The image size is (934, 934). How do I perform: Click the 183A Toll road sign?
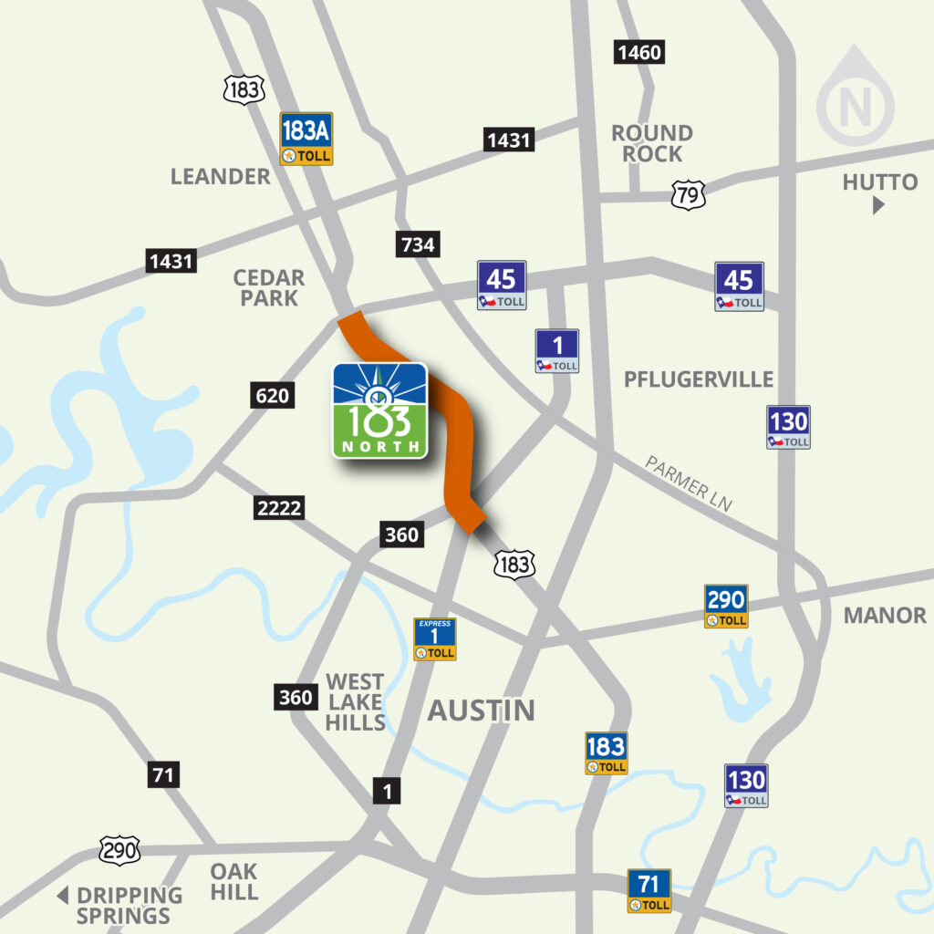click(x=306, y=139)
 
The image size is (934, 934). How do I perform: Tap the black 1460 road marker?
click(x=638, y=52)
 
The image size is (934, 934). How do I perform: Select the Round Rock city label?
click(x=651, y=143)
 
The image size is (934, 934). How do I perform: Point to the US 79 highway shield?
click(x=686, y=193)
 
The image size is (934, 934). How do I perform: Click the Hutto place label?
click(x=879, y=182)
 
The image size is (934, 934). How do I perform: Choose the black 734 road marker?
click(x=417, y=244)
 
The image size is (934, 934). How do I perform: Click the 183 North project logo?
click(x=379, y=410)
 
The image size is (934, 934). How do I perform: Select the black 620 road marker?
click(x=272, y=396)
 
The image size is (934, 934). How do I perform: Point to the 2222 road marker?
click(x=279, y=508)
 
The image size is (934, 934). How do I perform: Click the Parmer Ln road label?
click(x=689, y=483)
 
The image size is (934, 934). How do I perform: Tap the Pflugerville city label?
click(x=699, y=379)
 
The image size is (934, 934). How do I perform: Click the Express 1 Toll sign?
click(x=435, y=638)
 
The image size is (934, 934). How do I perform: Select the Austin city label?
click(x=481, y=710)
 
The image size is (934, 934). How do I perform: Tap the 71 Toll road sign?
click(x=649, y=890)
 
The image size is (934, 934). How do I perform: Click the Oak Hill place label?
click(x=233, y=881)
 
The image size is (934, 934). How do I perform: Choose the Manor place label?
click(x=884, y=615)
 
